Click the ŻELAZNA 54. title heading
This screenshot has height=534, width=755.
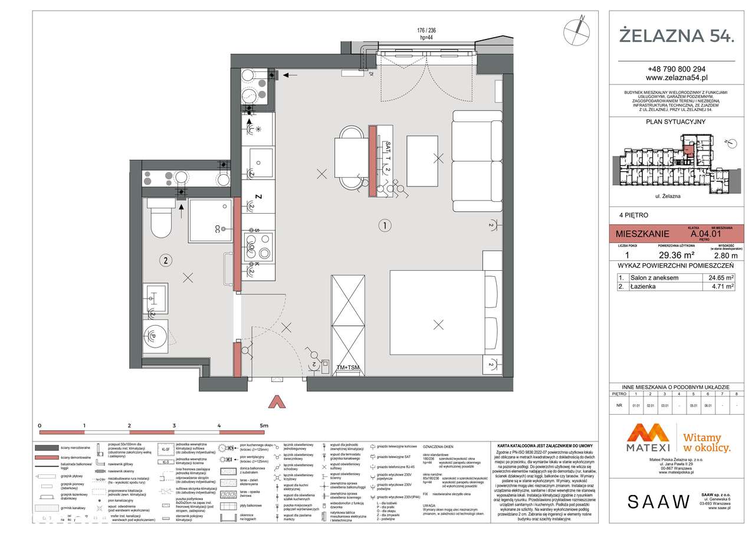(x=676, y=35)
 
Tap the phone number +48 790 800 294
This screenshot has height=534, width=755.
(x=676, y=68)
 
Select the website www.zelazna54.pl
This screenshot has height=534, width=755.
(x=676, y=77)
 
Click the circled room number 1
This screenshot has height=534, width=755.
(x=384, y=225)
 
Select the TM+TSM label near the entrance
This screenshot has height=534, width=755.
(x=347, y=368)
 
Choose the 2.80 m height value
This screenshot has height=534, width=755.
(x=725, y=255)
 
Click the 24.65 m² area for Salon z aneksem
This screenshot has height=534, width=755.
(x=722, y=277)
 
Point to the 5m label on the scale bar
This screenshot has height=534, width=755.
(x=264, y=425)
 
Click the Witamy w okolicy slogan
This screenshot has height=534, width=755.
(x=707, y=443)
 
